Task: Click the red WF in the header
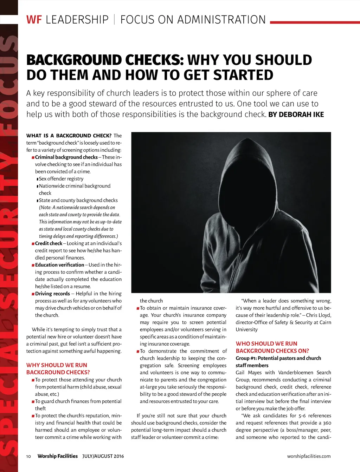34,20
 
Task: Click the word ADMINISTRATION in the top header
221,20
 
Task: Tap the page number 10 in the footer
28,456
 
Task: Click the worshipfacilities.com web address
309,456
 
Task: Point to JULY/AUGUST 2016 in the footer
103,456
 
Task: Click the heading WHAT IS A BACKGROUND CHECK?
69,136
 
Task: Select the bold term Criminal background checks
66,157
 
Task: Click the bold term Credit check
49,243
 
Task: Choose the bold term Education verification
59,265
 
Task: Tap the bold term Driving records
52,294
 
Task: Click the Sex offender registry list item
61,178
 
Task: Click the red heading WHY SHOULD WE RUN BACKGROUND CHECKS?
58,369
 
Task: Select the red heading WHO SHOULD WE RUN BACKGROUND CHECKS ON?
272,347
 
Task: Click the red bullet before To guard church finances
33,401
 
